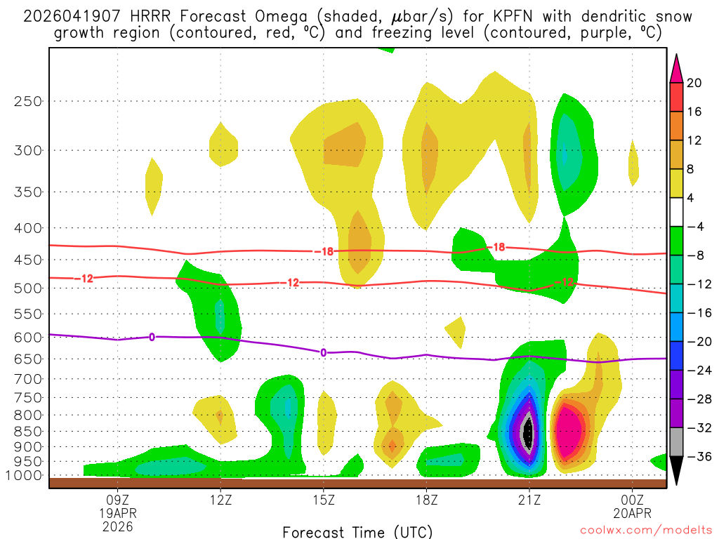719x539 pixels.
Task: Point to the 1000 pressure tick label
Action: coord(23,475)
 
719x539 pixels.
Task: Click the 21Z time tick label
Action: coord(529,500)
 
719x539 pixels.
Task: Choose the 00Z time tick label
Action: coord(633,500)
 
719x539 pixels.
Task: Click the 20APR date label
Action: coord(633,513)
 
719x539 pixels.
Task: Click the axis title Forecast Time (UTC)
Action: coord(357,531)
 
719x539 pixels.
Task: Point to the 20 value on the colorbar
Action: coord(694,83)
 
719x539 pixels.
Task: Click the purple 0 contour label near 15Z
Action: coord(323,352)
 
